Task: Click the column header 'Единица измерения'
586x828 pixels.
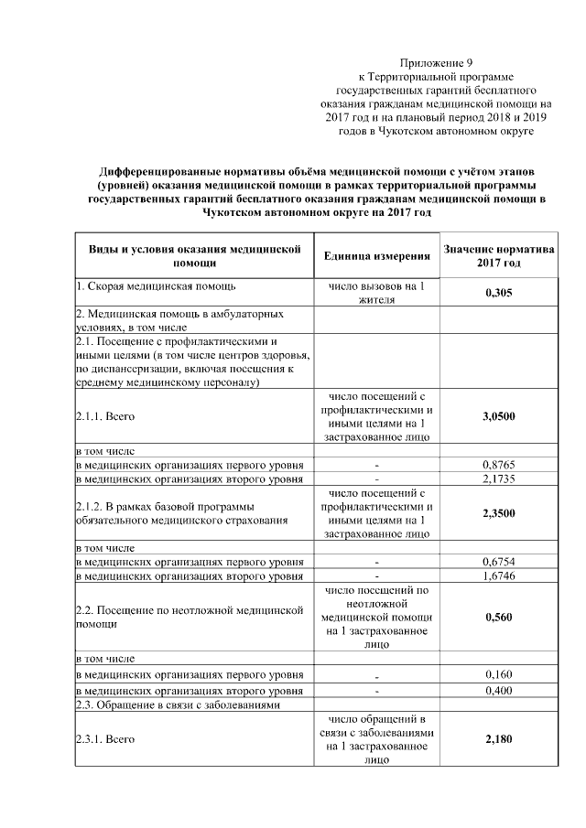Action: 376,255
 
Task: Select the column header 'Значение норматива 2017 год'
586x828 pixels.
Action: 497,255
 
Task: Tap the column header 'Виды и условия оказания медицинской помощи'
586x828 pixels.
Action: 194,255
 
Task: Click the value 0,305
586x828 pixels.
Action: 497,292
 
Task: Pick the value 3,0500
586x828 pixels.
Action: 497,416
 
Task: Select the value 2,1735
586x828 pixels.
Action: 497,479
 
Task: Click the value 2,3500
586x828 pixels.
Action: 497,513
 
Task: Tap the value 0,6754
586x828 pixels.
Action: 497,561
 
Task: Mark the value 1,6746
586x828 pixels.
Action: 497,575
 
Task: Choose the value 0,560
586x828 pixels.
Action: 497,617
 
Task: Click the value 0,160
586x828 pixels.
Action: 497,674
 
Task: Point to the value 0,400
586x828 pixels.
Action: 497,690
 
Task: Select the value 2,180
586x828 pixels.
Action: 497,738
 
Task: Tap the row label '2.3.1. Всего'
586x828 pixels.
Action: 105,738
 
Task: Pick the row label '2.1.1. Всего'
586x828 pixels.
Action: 105,416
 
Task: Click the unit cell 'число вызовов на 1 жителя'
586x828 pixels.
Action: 376,292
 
